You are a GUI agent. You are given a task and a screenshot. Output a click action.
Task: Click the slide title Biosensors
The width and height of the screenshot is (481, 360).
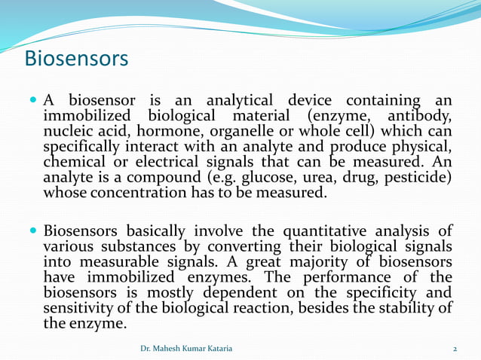coord(76,58)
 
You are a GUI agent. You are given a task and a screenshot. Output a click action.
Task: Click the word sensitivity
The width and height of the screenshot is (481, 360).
coord(78,307)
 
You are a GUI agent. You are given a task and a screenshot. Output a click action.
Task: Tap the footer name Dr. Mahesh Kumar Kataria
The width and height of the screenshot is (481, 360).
coord(187,349)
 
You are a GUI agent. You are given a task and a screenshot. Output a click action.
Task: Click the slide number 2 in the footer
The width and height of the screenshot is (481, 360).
coord(455,349)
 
